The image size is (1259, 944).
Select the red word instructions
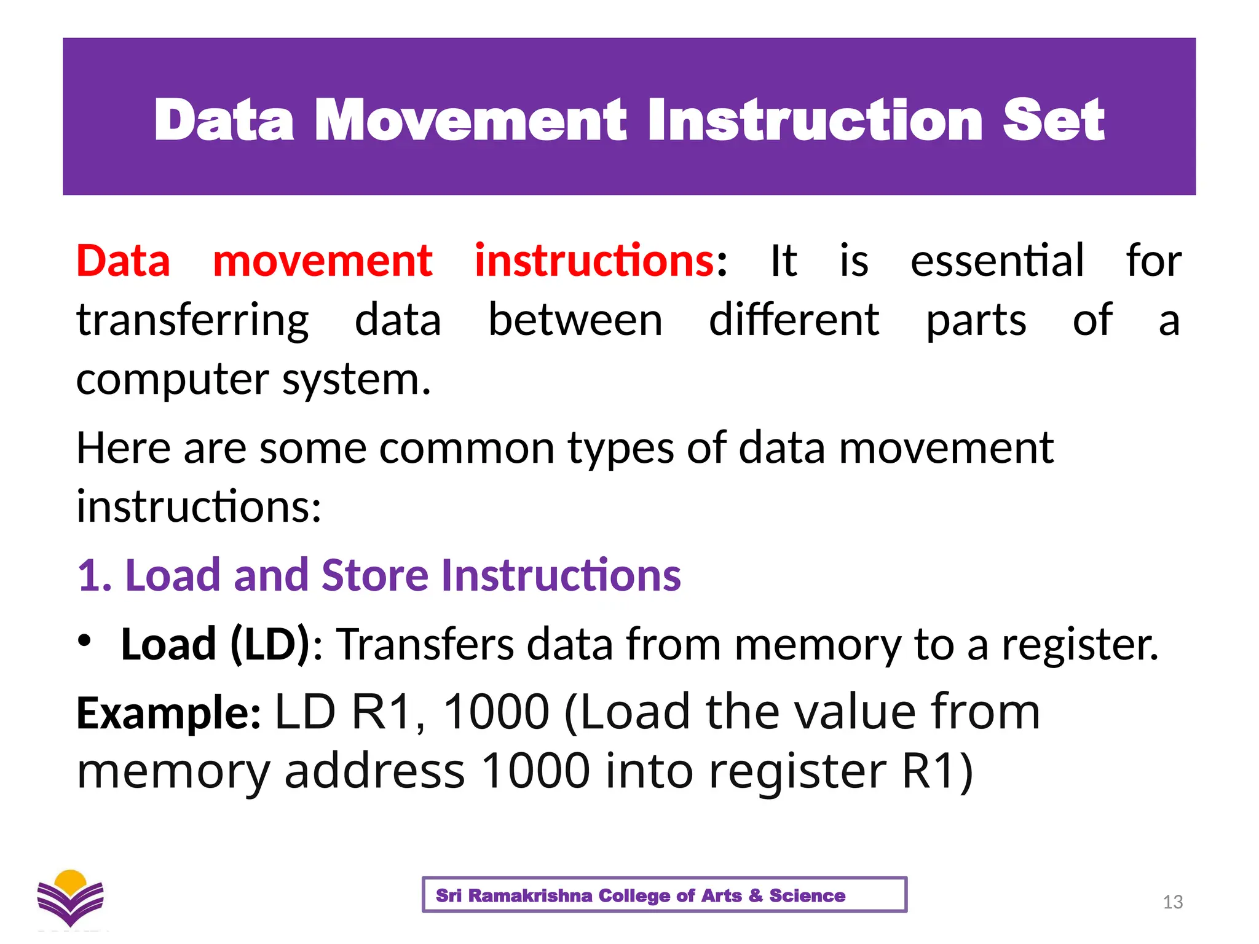pos(594,261)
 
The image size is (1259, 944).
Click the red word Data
pos(123,261)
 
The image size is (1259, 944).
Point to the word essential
pos(997,261)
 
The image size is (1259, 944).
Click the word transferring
pos(192,321)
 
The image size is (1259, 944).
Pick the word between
pos(575,321)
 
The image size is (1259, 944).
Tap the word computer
pos(172,380)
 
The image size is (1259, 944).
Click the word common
pos(467,448)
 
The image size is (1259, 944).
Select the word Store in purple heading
pos(375,576)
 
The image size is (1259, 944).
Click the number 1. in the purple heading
pos(95,576)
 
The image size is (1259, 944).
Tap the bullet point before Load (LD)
pos(84,640)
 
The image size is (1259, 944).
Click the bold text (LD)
pos(270,645)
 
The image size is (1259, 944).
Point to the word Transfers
pos(426,645)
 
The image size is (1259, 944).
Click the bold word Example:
pos(168,713)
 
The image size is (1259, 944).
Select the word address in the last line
pos(374,771)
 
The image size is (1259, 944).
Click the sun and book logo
pos(70,898)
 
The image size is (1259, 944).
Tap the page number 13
pos(1172,902)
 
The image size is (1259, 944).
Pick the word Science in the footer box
pos(807,895)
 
